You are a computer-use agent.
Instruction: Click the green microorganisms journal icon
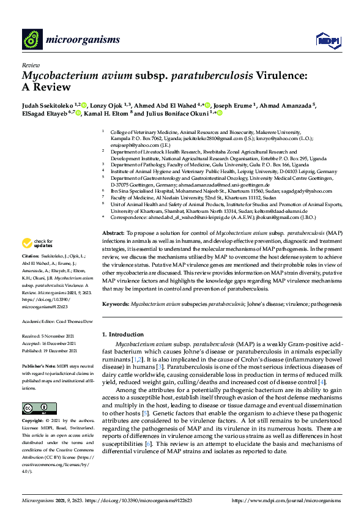coord(32,40)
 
